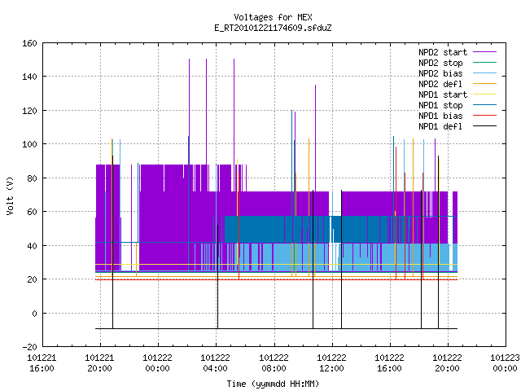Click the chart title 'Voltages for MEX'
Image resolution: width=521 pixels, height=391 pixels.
[273, 17]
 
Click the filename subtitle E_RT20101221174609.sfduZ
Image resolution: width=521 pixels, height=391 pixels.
[273, 28]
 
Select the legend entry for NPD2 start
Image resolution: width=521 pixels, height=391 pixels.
[458, 52]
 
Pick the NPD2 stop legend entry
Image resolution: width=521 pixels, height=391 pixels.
[458, 63]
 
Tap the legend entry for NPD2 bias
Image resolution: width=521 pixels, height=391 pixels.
[458, 73]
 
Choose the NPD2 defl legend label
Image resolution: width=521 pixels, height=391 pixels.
[458, 84]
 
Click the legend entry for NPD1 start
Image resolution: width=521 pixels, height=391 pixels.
[458, 94]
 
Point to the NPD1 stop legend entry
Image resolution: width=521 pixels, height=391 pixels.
[458, 105]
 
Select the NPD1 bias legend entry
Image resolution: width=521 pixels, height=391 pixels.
[458, 116]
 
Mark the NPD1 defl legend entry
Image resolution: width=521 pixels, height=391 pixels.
[458, 127]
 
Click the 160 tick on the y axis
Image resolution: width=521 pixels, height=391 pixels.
[29, 43]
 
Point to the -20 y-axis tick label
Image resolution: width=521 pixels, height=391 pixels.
[29, 347]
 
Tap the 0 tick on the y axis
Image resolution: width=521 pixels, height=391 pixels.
[34, 314]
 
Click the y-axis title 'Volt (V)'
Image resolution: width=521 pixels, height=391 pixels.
[10, 195]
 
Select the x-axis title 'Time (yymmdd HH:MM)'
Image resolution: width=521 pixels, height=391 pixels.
[273, 384]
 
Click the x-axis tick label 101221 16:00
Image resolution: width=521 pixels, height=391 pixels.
[42, 363]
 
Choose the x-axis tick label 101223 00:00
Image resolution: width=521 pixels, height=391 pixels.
[505, 363]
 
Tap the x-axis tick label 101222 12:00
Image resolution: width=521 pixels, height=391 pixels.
[331, 363]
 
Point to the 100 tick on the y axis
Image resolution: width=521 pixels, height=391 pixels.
[29, 144]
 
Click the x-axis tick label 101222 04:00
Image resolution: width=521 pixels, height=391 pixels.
[215, 363]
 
